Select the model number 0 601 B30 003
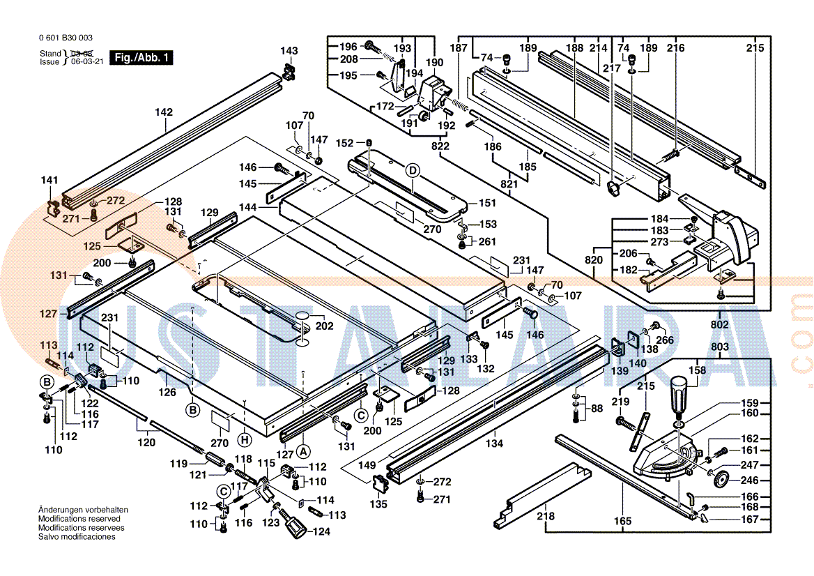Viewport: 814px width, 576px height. pos(66,38)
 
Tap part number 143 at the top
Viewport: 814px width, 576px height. pos(289,51)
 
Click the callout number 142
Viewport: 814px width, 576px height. pos(164,112)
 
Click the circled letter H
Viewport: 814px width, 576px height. pos(244,439)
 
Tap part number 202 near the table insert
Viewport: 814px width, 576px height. pos(324,326)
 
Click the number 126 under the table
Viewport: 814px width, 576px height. pos(167,393)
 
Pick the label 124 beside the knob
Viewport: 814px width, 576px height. pos(321,532)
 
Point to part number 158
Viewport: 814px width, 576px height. pos(698,371)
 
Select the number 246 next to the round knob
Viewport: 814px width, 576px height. pos(749,480)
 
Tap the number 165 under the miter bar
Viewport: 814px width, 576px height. pos(622,521)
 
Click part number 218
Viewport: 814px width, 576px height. pos(546,517)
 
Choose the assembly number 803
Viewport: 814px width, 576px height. pos(720,347)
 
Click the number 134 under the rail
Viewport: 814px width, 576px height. pos(494,444)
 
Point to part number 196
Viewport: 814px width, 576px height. pos(348,47)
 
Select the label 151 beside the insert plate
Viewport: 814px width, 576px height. pos(487,203)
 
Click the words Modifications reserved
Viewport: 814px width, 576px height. pos(79,519)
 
